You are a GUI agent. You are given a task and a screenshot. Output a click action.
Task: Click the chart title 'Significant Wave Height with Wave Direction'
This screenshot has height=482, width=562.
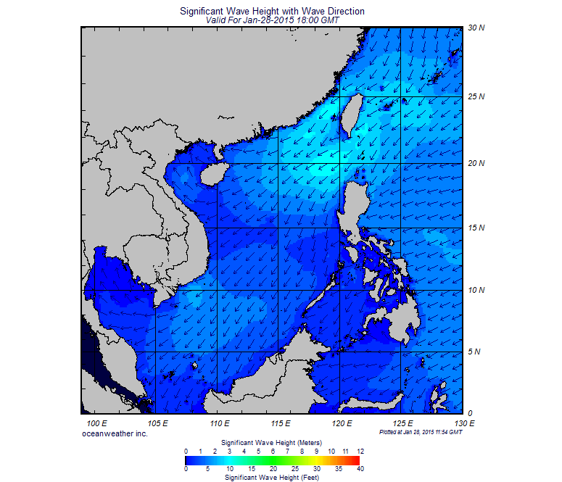click(x=271, y=12)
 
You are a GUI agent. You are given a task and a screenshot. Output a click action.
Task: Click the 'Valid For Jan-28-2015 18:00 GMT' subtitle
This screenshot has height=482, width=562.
click(x=271, y=20)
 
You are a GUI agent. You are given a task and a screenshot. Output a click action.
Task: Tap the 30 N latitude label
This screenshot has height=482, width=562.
click(x=475, y=28)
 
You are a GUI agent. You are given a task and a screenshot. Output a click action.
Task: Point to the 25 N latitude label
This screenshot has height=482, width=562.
click(x=475, y=96)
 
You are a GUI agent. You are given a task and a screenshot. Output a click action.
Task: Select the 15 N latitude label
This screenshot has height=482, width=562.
click(x=475, y=228)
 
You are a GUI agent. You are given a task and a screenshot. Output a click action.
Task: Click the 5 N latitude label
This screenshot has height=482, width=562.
click(x=475, y=352)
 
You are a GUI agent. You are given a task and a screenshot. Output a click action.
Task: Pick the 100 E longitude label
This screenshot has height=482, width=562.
click(x=97, y=423)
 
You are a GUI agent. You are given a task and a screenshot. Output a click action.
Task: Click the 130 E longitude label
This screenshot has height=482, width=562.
click(x=463, y=423)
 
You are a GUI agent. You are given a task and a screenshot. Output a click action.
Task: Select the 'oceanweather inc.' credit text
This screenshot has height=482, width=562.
click(x=115, y=433)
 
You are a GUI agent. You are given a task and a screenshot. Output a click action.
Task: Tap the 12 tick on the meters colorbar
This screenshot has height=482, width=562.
click(x=360, y=451)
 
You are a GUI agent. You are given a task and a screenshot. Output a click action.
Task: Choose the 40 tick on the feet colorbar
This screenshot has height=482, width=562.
click(x=360, y=469)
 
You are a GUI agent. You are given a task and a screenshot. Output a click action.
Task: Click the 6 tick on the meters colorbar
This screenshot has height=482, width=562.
click(x=273, y=451)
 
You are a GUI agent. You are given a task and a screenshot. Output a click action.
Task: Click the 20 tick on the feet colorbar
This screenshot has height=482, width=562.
click(x=273, y=469)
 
